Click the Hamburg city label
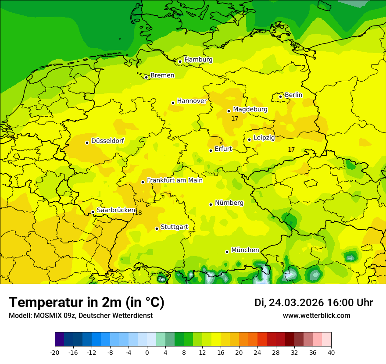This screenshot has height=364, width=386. (x=198, y=60)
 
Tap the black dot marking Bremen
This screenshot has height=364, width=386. (x=147, y=77)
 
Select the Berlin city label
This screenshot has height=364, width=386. (x=293, y=95)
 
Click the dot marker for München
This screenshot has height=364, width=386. (x=227, y=252)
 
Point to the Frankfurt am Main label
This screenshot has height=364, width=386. (x=175, y=180)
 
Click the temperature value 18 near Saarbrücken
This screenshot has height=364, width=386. (x=139, y=213)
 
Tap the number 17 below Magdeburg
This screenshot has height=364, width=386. (x=235, y=118)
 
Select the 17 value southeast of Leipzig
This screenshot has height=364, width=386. (x=291, y=150)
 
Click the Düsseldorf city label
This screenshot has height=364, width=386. (x=107, y=141)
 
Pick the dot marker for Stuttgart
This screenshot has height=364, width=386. (x=157, y=228)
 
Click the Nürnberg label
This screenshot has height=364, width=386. (x=229, y=203)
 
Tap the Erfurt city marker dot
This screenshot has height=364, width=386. (x=211, y=150)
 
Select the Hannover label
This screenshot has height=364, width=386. (x=192, y=101)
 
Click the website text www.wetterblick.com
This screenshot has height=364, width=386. (x=316, y=315)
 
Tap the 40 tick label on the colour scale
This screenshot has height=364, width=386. (x=331, y=352)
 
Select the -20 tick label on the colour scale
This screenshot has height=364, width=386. (x=55, y=352)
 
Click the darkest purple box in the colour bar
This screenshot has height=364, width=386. (x=59, y=339)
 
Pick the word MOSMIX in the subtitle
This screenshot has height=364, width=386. (x=46, y=315)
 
